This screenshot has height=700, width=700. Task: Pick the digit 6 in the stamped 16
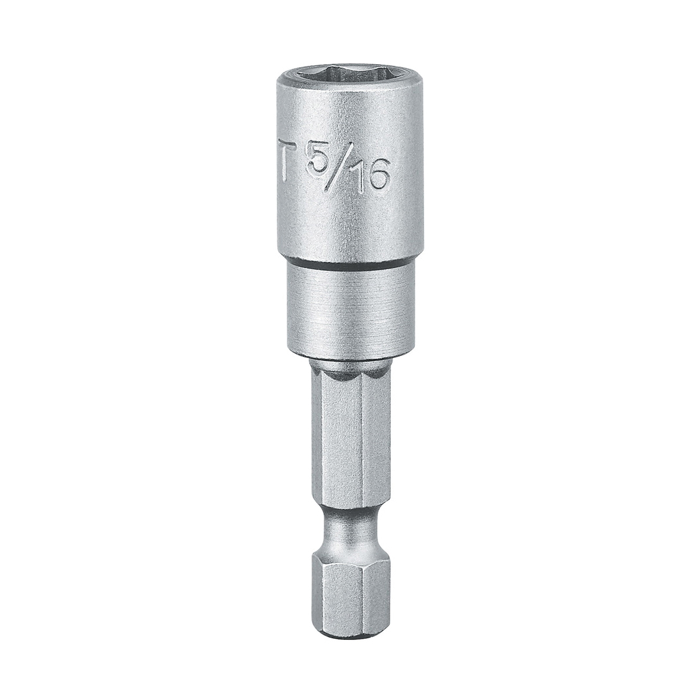(x=378, y=176)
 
